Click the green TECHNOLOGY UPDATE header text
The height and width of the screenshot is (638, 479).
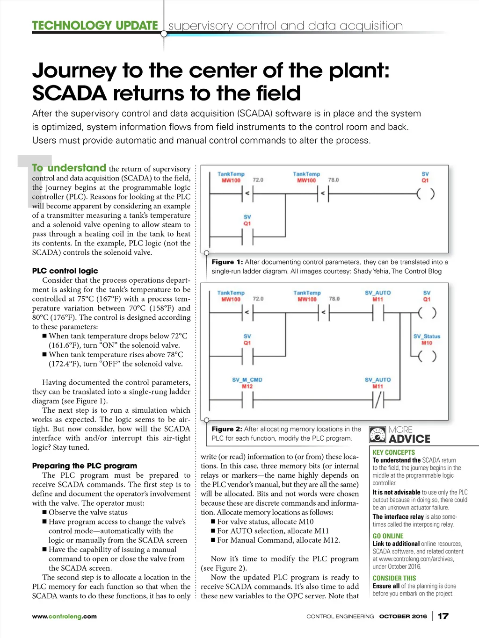[95, 25]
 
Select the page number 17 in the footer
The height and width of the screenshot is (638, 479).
[443, 616]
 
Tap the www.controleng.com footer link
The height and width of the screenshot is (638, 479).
[64, 616]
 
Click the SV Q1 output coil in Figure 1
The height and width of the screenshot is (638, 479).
[425, 193]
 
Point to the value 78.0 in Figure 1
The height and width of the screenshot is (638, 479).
[334, 180]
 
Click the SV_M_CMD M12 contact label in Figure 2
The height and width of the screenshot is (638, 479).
[247, 383]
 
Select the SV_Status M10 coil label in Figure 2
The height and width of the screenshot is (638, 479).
[427, 339]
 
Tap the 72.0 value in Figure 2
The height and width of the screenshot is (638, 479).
[258, 299]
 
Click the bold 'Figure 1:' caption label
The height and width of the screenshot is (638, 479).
[227, 262]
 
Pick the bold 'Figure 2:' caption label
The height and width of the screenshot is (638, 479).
[227, 429]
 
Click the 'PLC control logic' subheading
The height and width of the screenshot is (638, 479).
[65, 271]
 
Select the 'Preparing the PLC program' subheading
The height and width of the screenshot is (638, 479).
[85, 466]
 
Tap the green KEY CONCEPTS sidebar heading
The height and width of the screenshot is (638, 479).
[393, 452]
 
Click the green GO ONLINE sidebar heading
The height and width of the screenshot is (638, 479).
[388, 536]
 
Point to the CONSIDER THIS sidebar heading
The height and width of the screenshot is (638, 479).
[394, 578]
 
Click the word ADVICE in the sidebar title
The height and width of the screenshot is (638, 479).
[409, 439]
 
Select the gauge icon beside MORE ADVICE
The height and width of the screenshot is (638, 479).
[377, 435]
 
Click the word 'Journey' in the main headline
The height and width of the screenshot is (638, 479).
[74, 71]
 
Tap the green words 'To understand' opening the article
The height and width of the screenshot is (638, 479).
[69, 168]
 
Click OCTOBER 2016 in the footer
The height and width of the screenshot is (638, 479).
[403, 616]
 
